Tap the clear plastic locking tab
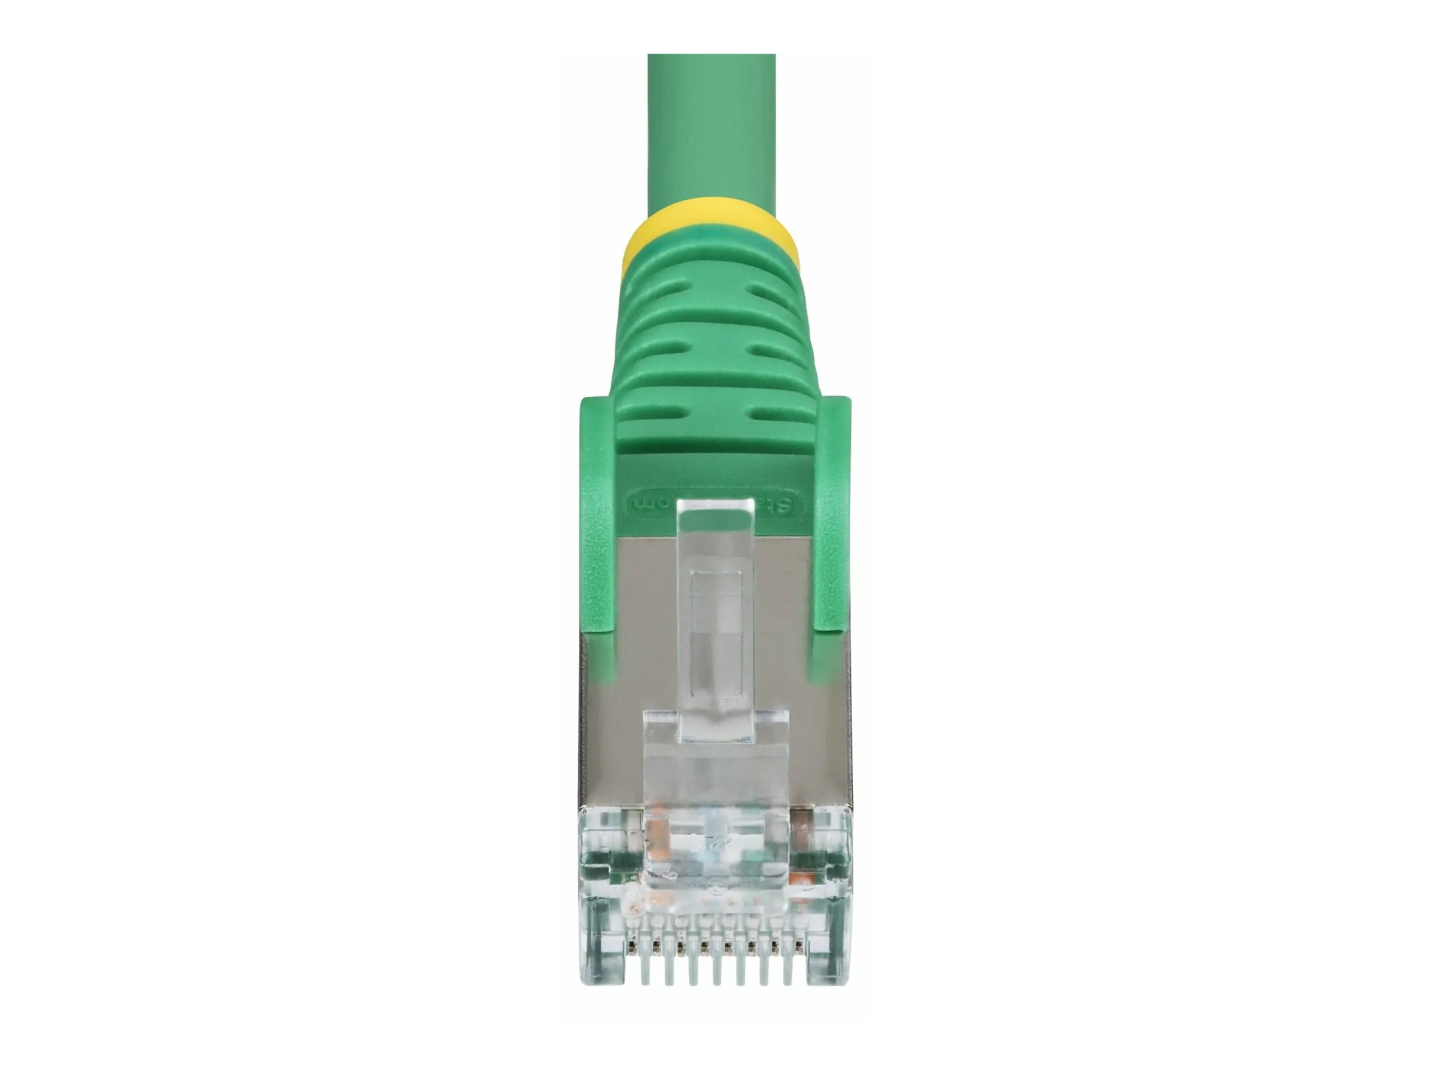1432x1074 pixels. [715, 615]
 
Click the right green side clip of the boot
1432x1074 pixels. [831, 518]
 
